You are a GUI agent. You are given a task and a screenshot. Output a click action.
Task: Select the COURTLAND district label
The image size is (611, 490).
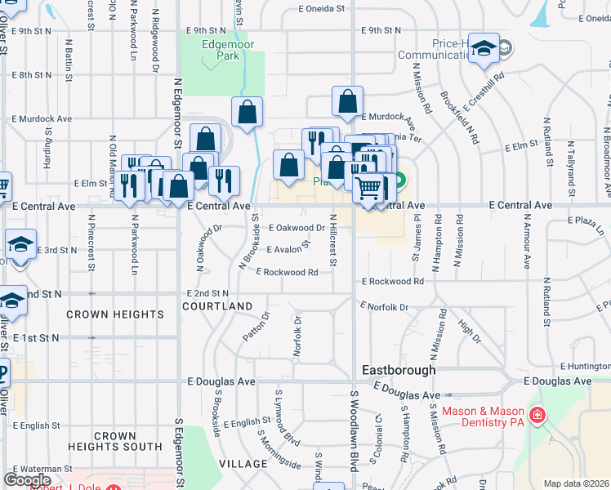tap(217, 306)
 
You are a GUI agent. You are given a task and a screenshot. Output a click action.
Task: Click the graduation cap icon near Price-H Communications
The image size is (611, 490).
tap(484, 49)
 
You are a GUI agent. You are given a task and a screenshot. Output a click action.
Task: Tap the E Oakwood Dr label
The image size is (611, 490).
tap(296, 228)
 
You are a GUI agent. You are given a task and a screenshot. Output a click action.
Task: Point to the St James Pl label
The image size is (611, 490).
tap(416, 237)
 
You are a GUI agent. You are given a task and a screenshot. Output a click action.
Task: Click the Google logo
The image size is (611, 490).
tap(27, 479)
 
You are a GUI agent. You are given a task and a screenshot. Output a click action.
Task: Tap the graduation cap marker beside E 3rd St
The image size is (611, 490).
tap(20, 245)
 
